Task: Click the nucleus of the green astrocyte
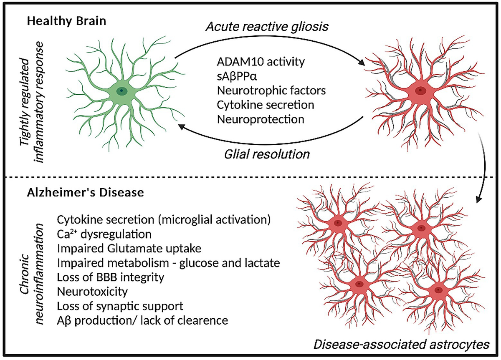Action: pos(121,90)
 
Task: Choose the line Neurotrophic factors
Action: pos(265,90)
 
